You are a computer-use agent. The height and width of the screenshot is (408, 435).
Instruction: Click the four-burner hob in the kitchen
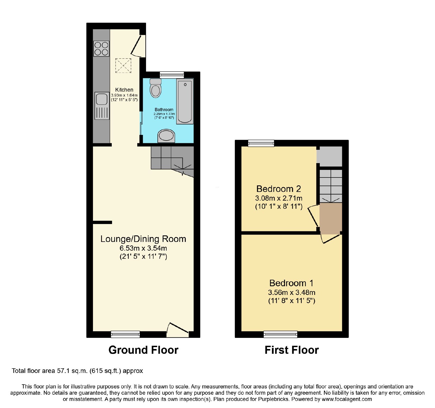(101, 49)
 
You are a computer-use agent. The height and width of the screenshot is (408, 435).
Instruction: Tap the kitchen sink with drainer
(102, 106)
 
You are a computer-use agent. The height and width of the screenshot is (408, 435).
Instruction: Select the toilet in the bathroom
(156, 88)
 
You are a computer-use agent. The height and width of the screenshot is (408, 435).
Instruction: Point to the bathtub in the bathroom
(185, 101)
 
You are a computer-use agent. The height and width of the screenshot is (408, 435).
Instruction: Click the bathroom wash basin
(166, 136)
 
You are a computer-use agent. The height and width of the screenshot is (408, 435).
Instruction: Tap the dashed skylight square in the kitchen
(123, 66)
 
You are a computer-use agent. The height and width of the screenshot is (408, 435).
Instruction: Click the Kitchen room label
(124, 90)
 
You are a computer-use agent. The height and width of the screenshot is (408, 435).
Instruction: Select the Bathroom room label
(164, 110)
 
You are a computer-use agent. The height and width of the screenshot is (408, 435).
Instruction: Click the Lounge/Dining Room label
(143, 239)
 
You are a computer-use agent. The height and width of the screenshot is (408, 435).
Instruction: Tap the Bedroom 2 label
(279, 189)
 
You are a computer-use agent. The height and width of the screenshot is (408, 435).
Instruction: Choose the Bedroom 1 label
(291, 283)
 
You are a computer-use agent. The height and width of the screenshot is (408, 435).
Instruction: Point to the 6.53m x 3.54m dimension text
(143, 248)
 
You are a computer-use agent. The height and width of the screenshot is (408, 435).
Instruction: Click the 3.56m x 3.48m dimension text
(292, 292)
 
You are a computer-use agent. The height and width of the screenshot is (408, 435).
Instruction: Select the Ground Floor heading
(143, 350)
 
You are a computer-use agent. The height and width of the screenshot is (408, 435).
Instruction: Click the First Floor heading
(292, 350)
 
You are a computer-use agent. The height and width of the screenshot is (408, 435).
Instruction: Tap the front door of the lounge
(178, 329)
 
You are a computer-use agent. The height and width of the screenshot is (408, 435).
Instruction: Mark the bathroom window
(172, 75)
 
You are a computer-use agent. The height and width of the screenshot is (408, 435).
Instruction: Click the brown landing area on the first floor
(331, 218)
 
